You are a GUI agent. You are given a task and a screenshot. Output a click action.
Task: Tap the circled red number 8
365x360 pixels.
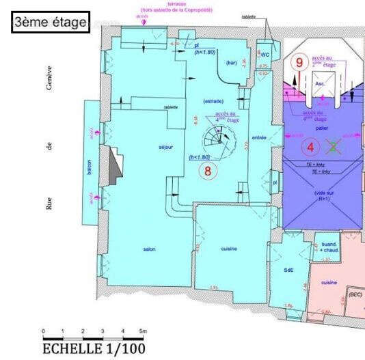(x=208, y=171)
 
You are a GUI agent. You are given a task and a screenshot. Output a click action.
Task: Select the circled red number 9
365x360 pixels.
(x=298, y=61)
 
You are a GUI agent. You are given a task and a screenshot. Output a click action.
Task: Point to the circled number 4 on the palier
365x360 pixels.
(x=312, y=146)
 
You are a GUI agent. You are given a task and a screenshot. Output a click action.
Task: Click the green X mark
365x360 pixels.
(x=333, y=146)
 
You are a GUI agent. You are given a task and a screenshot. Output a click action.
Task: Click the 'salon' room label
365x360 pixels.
(x=150, y=249)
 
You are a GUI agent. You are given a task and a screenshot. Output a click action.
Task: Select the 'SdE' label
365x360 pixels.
(x=288, y=270)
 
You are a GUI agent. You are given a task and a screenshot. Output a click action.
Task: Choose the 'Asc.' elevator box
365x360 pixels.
(x=320, y=83)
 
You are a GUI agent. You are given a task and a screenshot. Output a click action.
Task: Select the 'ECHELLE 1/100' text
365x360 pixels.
(x=94, y=348)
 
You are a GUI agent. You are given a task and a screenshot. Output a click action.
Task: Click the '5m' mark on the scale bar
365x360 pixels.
(x=142, y=331)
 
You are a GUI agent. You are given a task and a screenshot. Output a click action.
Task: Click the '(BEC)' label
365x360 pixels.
(x=355, y=294)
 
